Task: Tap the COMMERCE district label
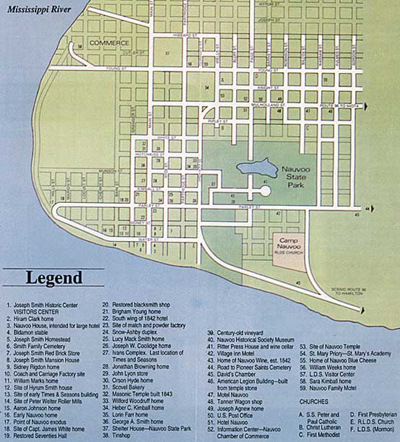pos(108,43)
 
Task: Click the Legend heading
pos(53,278)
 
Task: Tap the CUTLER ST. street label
pos(114,53)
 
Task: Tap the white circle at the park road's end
pos(266,191)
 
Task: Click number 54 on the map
pos(206,87)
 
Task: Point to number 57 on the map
pos(167,53)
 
